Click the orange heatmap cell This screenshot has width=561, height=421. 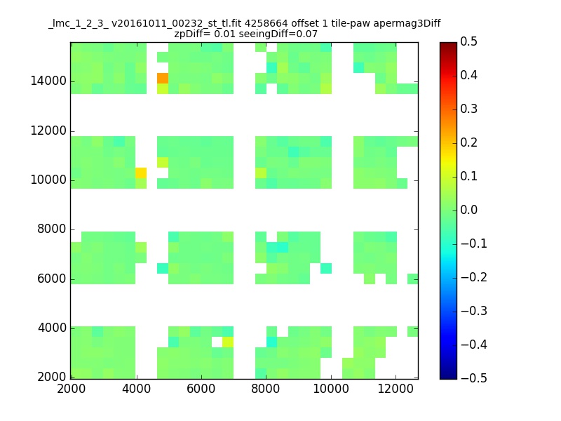(x=163, y=78)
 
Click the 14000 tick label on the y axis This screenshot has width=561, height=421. (x=48, y=81)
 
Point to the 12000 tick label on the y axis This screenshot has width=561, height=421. (x=48, y=131)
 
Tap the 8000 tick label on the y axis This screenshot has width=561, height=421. (x=52, y=229)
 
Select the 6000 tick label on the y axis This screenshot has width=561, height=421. (x=52, y=279)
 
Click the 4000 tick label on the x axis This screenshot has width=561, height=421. (x=136, y=389)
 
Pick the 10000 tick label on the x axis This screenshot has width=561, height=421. (x=331, y=389)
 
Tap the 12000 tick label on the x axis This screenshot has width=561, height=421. (x=396, y=389)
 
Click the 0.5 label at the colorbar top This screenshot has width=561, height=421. (x=468, y=41)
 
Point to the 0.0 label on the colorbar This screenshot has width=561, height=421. (x=468, y=210)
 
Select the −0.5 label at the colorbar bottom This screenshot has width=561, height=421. (x=474, y=378)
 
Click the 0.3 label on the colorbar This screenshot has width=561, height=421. (x=468, y=109)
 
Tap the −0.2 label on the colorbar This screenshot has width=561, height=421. (x=474, y=277)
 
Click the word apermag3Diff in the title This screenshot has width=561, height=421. (x=407, y=24)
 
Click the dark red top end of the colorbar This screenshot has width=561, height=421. (x=448, y=44)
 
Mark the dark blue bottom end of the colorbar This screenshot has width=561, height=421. (x=448, y=377)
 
